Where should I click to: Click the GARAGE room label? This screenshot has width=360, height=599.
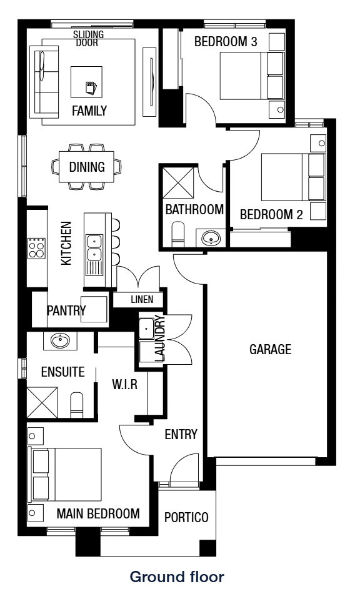click(x=270, y=349)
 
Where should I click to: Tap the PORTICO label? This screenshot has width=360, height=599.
click(x=186, y=517)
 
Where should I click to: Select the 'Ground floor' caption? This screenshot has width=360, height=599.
click(x=177, y=577)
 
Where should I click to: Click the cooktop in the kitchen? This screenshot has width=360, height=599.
click(x=36, y=249)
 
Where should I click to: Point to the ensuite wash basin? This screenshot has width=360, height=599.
click(x=59, y=340)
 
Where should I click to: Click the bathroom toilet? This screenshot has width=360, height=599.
click(x=177, y=234)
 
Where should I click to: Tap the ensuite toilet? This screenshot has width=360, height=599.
click(x=77, y=405)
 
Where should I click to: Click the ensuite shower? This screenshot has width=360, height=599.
click(x=42, y=402)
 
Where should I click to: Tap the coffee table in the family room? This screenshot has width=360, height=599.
click(x=86, y=82)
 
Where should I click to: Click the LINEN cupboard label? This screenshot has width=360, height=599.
click(x=142, y=299)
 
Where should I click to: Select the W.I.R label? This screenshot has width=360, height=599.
click(x=124, y=384)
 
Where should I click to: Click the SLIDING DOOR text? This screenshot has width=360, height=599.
click(x=89, y=38)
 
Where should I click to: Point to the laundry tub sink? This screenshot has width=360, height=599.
click(x=146, y=328)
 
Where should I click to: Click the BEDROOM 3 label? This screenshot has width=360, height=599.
click(x=226, y=41)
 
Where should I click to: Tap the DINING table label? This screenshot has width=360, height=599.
click(x=87, y=167)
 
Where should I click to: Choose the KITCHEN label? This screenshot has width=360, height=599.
click(x=66, y=244)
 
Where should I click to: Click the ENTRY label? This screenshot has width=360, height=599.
click(x=181, y=434)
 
